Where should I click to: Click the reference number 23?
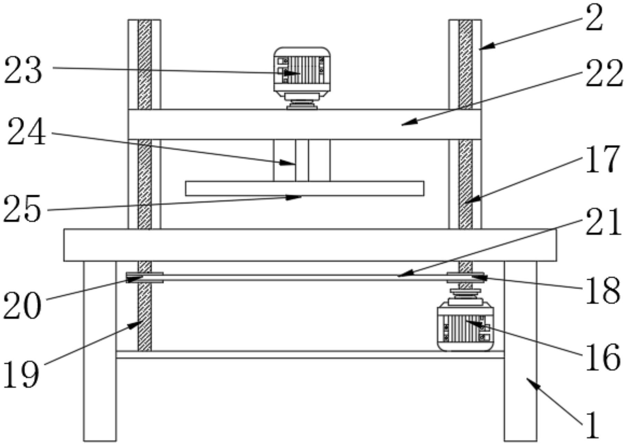[23, 70]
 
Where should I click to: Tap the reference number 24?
[27, 132]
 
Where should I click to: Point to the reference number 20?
[22, 305]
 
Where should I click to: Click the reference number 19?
[21, 374]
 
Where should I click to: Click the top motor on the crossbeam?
[302, 71]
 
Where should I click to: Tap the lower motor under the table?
[465, 327]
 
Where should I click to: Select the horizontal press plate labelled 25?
[305, 188]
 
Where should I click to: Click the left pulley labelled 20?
[145, 277]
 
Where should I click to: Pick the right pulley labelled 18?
[466, 277]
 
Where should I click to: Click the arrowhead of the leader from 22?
[403, 125]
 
